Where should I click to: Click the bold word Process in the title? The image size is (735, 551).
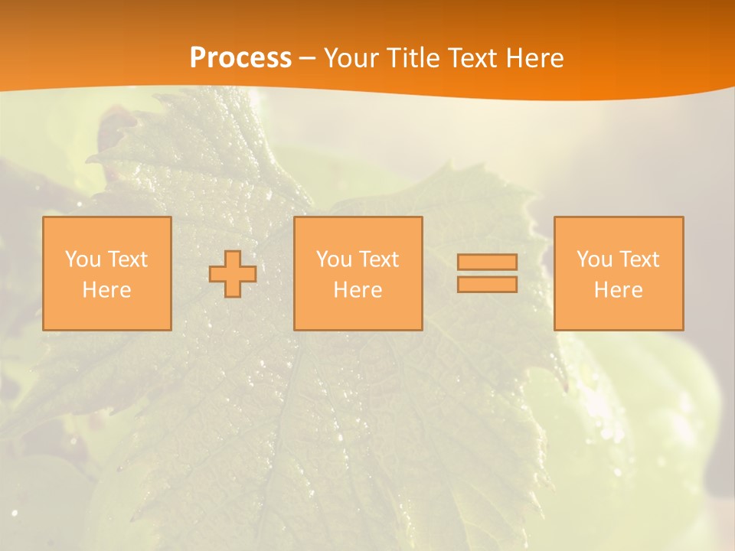pyautogui.click(x=240, y=58)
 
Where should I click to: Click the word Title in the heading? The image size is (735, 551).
pyautogui.click(x=412, y=58)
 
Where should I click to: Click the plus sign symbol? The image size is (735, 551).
pyautogui.click(x=233, y=274)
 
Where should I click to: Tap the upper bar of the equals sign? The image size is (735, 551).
pyautogui.click(x=487, y=262)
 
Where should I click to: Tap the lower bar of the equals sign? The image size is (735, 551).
pyautogui.click(x=487, y=284)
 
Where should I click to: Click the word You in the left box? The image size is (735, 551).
pyautogui.click(x=83, y=259)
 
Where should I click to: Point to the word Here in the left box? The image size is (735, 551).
pyautogui.click(x=106, y=290)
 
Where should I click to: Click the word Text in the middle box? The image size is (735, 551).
pyautogui.click(x=379, y=259)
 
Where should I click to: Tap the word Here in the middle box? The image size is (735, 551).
pyautogui.click(x=358, y=290)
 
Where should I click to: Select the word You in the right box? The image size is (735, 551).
pyautogui.click(x=594, y=259)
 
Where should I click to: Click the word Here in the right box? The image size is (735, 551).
pyautogui.click(x=618, y=290)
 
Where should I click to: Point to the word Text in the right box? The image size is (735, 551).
pyautogui.click(x=639, y=259)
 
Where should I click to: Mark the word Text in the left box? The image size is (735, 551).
pyautogui.click(x=128, y=259)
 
